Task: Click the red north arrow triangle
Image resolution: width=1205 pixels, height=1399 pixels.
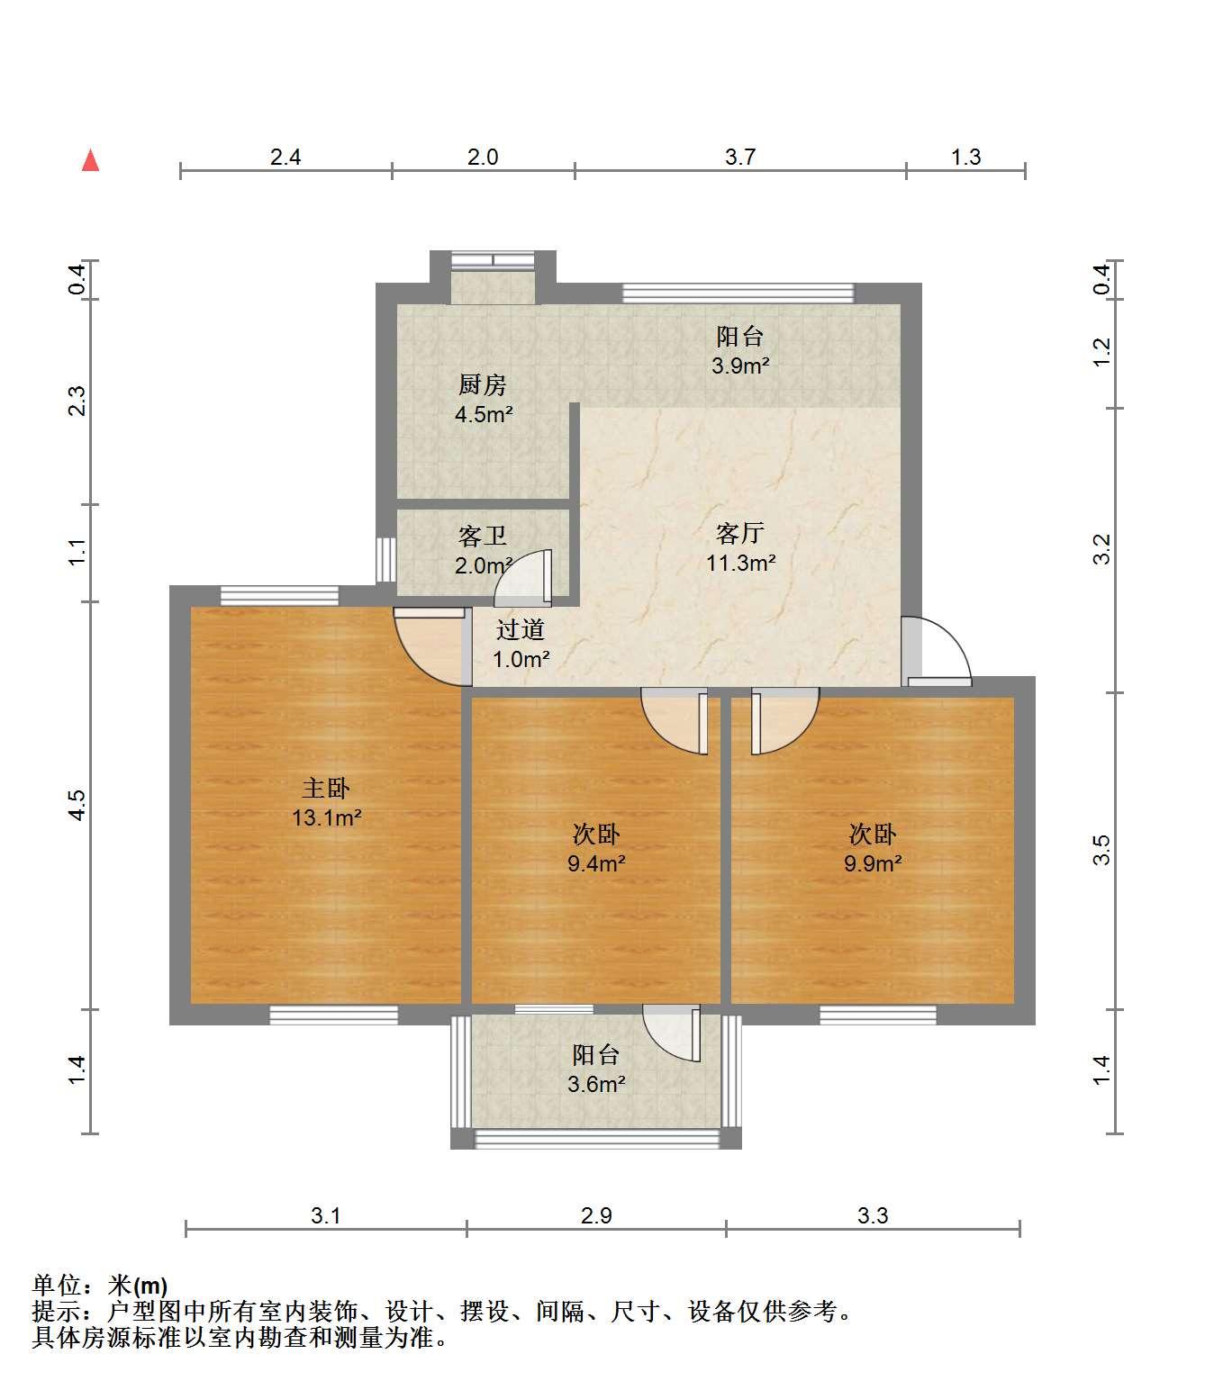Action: point(90,161)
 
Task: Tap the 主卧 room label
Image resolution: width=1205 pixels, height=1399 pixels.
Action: point(326,788)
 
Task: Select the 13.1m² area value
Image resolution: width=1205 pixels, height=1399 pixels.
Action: point(326,817)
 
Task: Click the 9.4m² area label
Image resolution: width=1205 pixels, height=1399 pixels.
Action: point(596,863)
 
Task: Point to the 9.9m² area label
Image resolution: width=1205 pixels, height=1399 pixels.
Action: point(873,863)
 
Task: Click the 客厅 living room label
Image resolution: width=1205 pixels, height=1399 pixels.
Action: point(740,533)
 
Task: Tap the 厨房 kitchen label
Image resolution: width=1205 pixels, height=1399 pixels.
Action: point(483,384)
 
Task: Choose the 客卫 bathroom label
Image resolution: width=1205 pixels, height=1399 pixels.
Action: point(483,536)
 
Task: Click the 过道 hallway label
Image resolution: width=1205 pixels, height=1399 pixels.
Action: point(520,629)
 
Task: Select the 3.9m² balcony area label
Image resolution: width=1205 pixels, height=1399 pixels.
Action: point(740,366)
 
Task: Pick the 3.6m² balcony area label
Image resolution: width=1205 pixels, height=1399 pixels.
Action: point(596,1084)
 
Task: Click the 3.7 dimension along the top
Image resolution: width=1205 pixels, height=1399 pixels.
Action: point(740,157)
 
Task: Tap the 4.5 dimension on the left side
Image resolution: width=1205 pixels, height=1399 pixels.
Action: point(77,805)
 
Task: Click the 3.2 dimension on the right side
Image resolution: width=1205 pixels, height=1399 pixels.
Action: point(1101,549)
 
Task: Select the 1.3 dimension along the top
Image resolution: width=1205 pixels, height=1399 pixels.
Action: point(966,157)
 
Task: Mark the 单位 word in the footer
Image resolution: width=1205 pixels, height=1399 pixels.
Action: point(57,1286)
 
